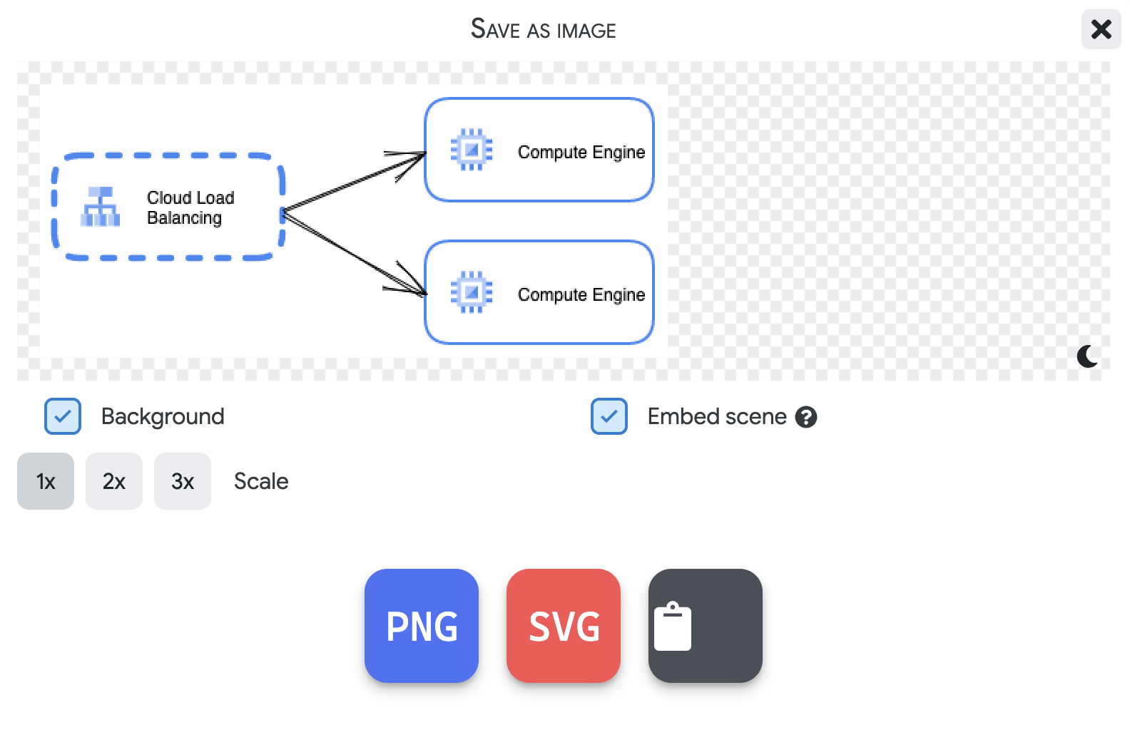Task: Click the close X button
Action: click(1101, 29)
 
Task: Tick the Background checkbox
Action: click(63, 416)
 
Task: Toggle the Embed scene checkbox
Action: click(609, 416)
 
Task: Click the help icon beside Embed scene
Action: click(806, 417)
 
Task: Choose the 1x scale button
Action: click(46, 481)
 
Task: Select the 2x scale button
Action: click(114, 481)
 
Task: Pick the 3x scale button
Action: click(183, 481)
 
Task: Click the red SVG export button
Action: click(564, 626)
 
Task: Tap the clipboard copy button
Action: click(705, 626)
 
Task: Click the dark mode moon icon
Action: click(1087, 356)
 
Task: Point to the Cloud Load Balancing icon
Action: click(101, 207)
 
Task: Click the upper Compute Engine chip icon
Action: click(472, 150)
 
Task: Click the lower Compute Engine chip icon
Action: click(472, 292)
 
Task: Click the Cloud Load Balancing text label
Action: click(190, 207)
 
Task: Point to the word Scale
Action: click(261, 481)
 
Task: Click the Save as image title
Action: click(543, 29)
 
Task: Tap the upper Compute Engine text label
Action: click(581, 152)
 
